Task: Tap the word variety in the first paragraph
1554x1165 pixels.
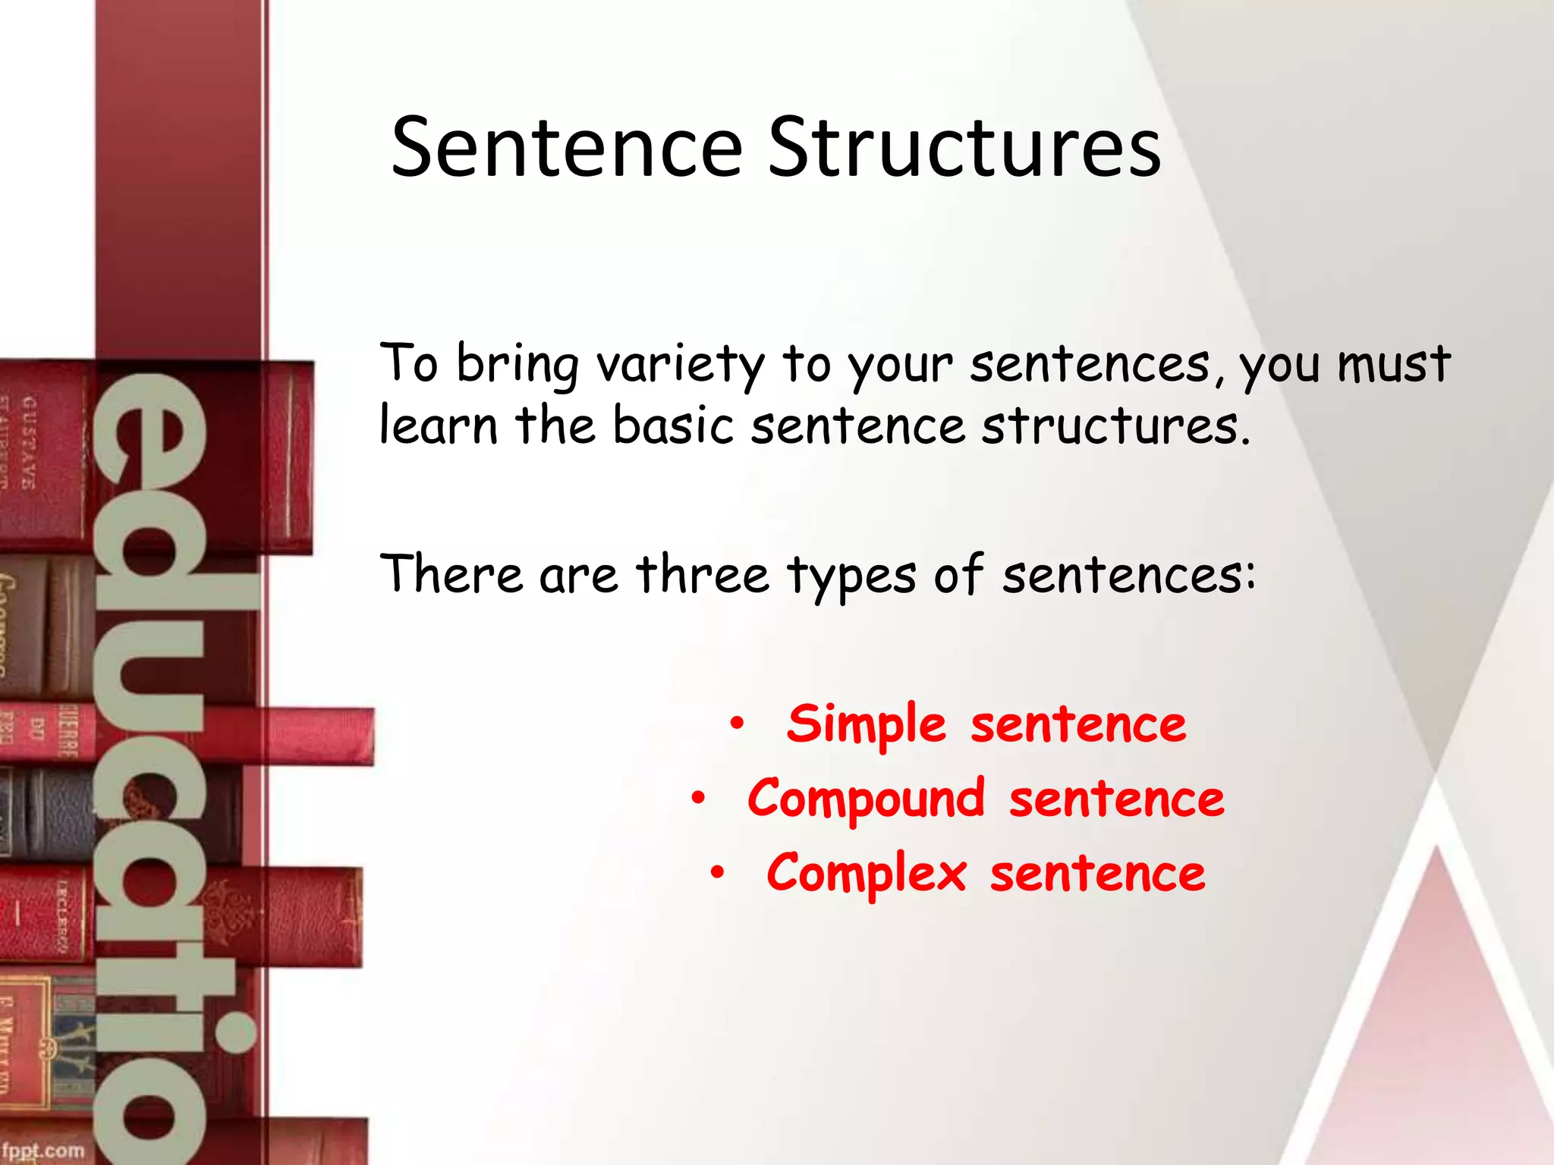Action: click(x=680, y=365)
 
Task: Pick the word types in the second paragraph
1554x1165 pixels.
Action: click(x=851, y=576)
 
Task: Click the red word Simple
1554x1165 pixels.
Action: click(x=866, y=724)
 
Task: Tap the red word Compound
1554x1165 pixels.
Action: click(x=866, y=799)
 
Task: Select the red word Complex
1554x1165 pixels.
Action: click(x=866, y=874)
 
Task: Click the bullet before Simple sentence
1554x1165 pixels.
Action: click(x=736, y=724)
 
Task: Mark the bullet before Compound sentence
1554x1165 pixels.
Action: click(x=698, y=799)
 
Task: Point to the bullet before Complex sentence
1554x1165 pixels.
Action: click(x=717, y=873)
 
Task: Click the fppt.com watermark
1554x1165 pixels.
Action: click(x=42, y=1151)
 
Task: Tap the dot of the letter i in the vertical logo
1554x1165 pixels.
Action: click(x=233, y=1032)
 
